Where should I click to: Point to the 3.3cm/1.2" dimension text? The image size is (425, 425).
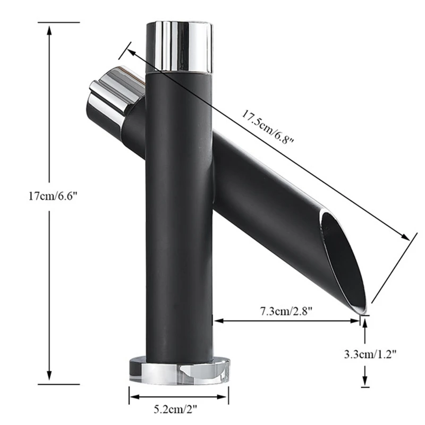tap(370, 354)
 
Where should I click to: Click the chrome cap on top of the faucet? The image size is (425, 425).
tap(179, 47)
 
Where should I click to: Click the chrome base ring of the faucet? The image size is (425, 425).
tap(179, 369)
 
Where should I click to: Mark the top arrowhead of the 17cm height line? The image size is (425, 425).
tap(49, 30)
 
